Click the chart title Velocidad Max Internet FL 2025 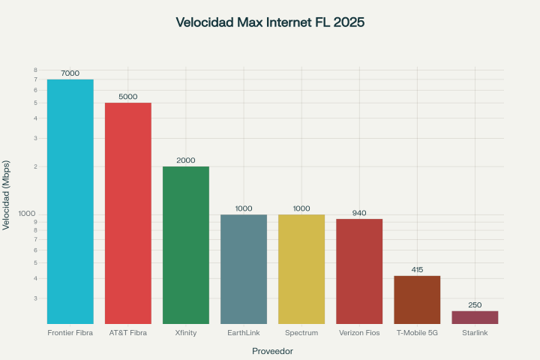click(x=270, y=22)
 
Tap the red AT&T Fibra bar click(x=128, y=213)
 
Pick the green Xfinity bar click(x=186, y=244)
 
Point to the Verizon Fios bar click(x=359, y=271)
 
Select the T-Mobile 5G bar click(x=417, y=299)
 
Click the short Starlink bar click(x=475, y=317)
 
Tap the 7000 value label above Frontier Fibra click(x=70, y=73)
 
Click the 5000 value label click(x=128, y=97)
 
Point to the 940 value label click(x=359, y=213)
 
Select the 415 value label click(x=417, y=269)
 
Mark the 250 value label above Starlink click(x=475, y=304)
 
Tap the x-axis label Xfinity click(x=186, y=332)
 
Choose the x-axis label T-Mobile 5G click(x=417, y=332)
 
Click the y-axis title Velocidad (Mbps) click(x=7, y=195)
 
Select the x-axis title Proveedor click(x=272, y=350)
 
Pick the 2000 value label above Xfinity click(x=186, y=160)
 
